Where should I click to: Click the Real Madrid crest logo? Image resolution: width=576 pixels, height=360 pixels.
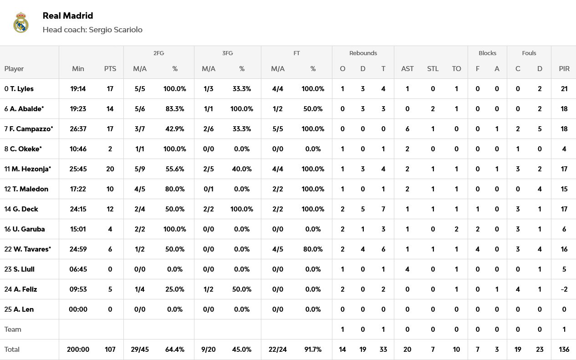[21, 23]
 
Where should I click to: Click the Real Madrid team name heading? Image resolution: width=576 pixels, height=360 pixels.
[68, 15]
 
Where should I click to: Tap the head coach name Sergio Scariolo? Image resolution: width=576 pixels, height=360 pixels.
[116, 30]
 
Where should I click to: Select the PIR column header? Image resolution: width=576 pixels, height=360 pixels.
[564, 69]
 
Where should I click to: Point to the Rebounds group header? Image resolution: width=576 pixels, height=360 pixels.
[363, 53]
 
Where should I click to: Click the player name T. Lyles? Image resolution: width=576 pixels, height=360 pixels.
[21, 89]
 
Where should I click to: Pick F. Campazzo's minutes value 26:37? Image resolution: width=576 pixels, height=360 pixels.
[78, 129]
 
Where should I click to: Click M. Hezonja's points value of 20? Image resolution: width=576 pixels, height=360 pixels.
[110, 169]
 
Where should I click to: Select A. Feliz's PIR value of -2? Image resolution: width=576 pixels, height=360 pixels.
[564, 289]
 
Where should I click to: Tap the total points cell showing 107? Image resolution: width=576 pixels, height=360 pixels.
[110, 350]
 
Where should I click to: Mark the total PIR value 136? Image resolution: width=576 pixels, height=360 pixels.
[564, 350]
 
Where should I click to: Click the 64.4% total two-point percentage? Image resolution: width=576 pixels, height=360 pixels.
[175, 350]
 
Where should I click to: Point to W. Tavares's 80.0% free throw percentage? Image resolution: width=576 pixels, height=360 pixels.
[313, 249]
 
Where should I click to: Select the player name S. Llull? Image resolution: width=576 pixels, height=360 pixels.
[24, 269]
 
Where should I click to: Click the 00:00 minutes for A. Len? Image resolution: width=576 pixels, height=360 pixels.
[78, 309]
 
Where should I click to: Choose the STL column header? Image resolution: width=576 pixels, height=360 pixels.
[433, 69]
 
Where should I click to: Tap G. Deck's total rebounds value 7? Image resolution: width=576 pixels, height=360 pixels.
[383, 209]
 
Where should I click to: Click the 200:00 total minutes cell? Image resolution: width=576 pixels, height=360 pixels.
[78, 350]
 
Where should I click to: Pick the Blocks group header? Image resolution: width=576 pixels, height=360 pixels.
[487, 53]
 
